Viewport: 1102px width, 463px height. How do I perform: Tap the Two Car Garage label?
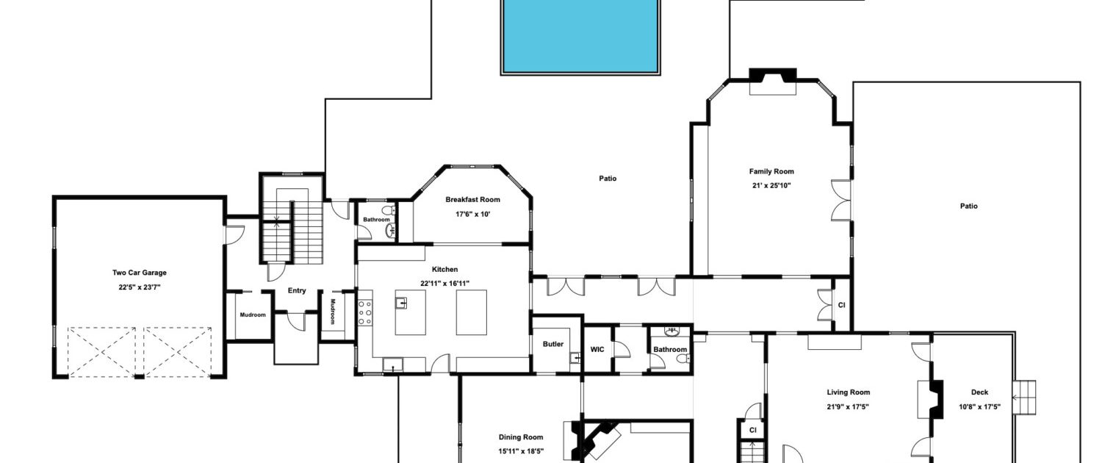[140, 273]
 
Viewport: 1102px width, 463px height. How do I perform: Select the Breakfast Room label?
[473, 199]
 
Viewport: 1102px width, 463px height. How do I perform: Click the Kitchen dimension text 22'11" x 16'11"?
[444, 284]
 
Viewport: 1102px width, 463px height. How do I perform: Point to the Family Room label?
[771, 171]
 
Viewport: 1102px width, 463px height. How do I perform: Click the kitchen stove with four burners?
[365, 313]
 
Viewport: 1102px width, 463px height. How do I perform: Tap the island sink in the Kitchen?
[401, 303]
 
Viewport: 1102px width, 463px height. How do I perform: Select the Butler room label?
[553, 344]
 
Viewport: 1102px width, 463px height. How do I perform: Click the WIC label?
[597, 349]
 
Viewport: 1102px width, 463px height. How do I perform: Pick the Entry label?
[297, 290]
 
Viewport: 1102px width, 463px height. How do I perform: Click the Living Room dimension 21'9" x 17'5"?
[848, 407]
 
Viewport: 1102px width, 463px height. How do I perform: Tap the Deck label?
[979, 392]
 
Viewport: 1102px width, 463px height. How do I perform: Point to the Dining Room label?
[520, 437]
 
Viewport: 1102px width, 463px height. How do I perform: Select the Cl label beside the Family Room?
[841, 305]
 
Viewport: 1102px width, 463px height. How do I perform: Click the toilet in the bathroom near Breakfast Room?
[388, 210]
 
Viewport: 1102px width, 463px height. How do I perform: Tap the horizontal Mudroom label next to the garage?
[253, 315]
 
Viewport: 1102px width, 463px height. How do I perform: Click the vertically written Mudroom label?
[332, 312]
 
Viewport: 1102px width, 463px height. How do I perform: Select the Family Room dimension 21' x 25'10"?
[771, 185]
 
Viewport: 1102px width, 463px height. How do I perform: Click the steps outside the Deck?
[1025, 397]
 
